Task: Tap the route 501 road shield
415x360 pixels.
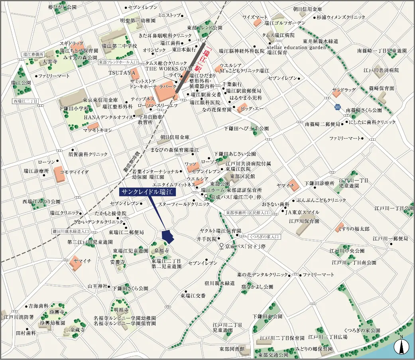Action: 338,108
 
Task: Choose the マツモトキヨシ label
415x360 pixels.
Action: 97,130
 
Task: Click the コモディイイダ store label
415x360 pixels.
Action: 74,172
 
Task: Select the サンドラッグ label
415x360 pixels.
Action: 344,90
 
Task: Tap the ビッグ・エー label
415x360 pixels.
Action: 253,108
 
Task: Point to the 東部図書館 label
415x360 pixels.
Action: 232,348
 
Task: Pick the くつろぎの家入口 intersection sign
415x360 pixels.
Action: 264,236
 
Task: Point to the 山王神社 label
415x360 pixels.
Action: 98,286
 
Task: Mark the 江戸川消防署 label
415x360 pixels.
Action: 18,317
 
